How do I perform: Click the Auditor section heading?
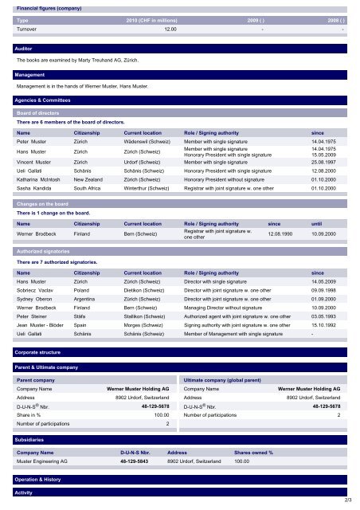pyautogui.click(x=24, y=48)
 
